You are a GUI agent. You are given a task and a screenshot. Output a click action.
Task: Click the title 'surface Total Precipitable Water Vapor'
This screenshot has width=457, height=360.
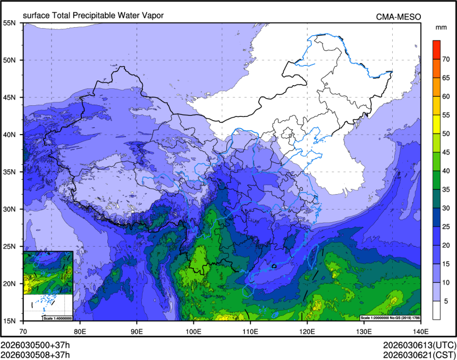point(93,15)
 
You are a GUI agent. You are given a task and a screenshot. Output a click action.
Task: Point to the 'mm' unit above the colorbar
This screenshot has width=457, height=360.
point(441,27)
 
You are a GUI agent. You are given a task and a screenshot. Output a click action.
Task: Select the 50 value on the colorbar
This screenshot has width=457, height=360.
point(447,133)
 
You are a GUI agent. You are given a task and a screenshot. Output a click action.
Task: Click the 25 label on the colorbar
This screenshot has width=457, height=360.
point(447,228)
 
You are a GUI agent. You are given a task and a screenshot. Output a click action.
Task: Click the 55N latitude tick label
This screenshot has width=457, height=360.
point(11,23)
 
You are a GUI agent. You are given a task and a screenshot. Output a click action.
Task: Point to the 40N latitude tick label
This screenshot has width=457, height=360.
point(11,135)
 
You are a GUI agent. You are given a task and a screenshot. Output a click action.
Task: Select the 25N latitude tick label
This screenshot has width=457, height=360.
point(11,246)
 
